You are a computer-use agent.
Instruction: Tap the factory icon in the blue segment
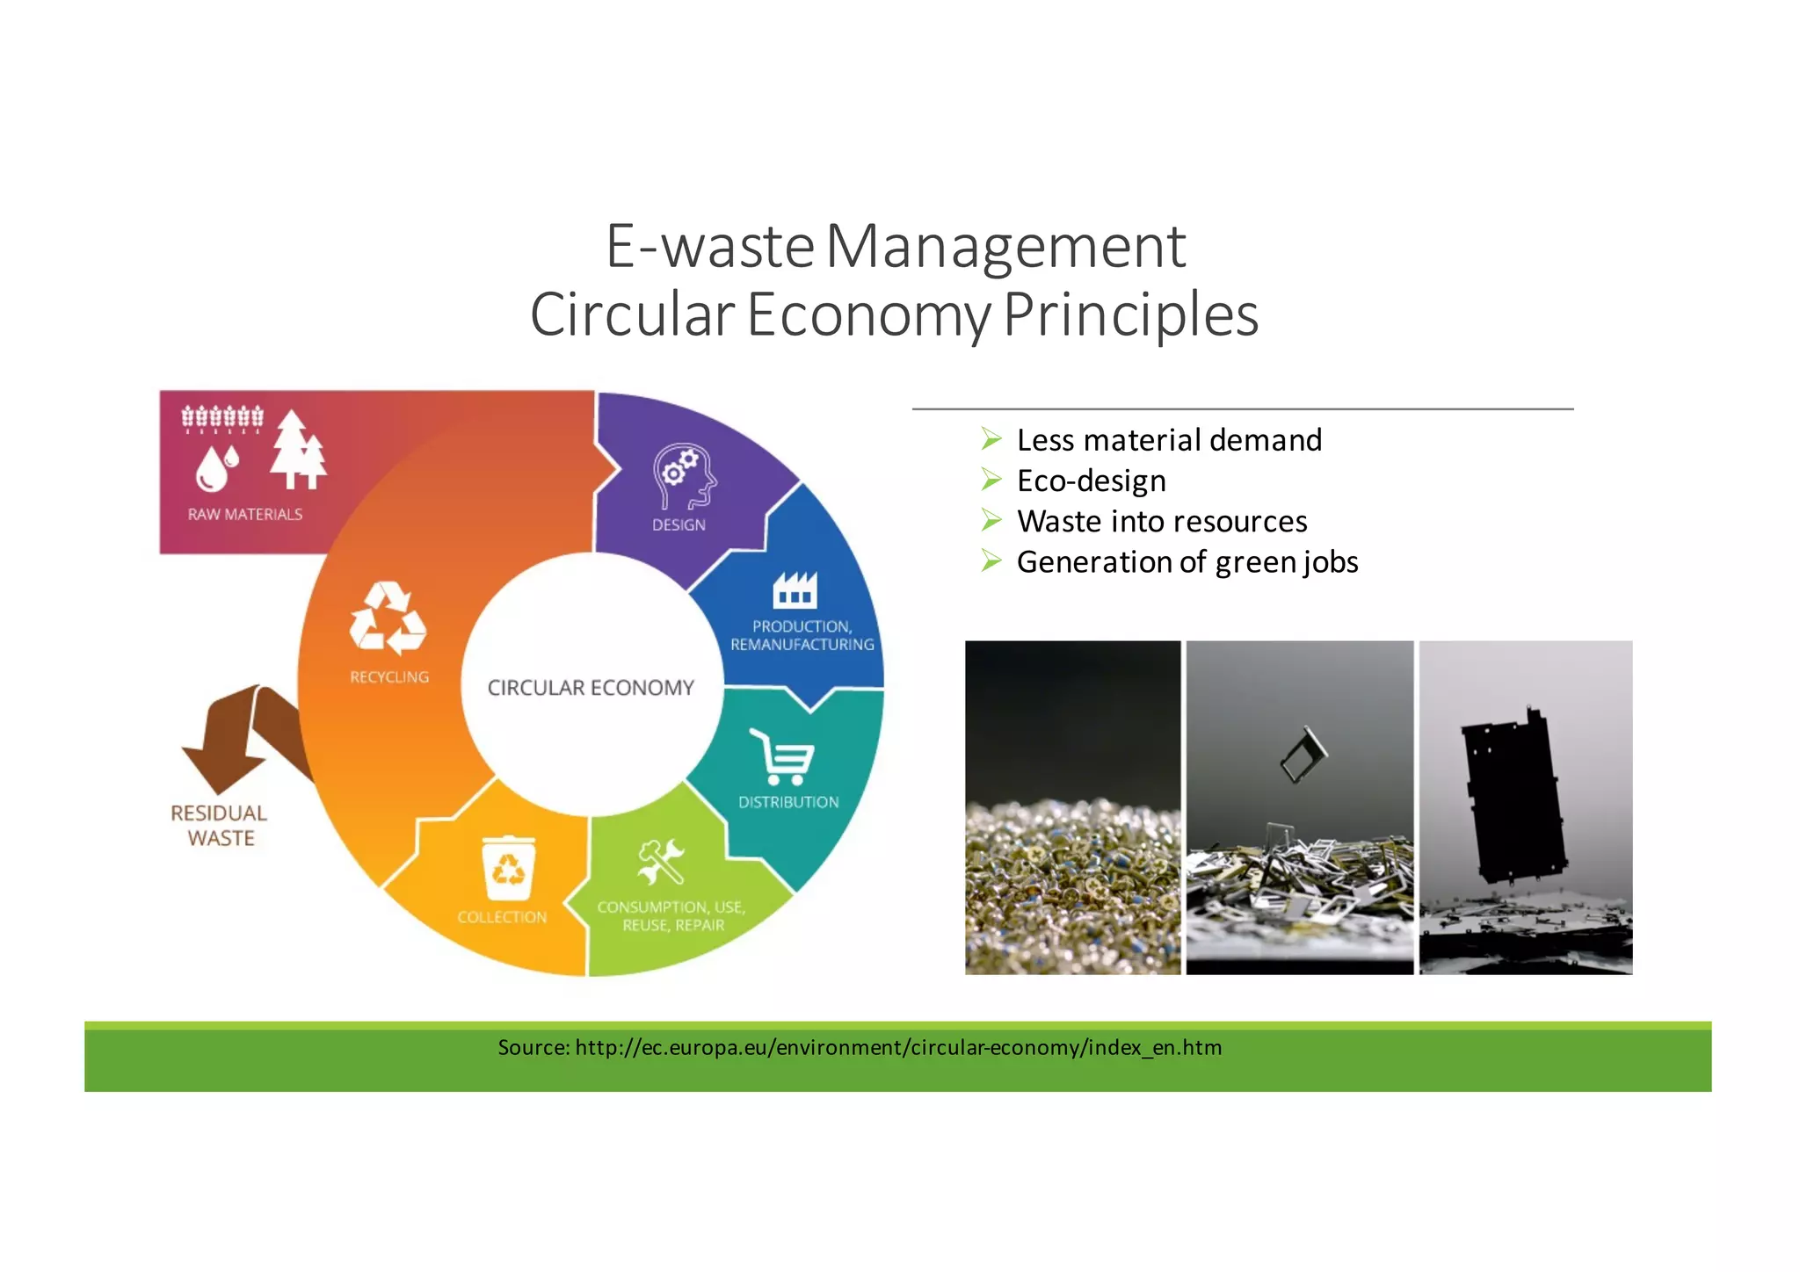coord(795,590)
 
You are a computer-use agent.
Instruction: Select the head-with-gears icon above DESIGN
coord(684,477)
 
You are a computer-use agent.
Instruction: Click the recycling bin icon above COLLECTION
coord(508,868)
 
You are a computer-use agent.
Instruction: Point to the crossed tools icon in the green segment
coord(661,862)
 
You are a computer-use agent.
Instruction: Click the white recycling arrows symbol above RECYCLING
coord(388,618)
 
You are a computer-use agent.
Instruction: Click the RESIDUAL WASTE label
coord(219,826)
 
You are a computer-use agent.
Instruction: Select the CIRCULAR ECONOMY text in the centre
coord(591,688)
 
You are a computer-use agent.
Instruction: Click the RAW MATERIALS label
coord(244,515)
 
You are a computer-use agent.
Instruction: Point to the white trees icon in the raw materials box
coord(297,450)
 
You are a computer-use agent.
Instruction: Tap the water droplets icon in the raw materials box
coord(216,467)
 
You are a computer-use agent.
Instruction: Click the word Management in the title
coord(1005,247)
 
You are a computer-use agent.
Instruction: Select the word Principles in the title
coord(1130,315)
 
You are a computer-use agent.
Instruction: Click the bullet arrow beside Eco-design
coord(991,480)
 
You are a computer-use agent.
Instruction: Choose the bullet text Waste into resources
coord(1161,522)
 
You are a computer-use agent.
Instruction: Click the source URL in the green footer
coord(898,1048)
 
